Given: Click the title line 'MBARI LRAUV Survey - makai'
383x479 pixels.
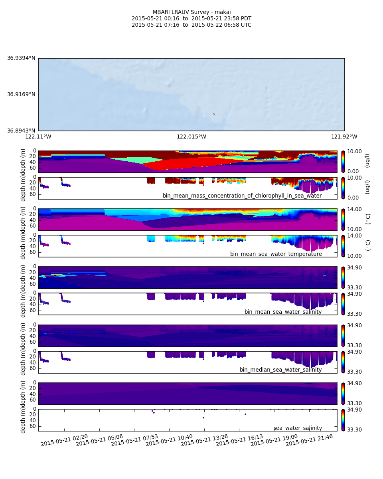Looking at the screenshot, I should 191,12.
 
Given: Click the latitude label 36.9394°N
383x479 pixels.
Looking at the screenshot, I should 21,58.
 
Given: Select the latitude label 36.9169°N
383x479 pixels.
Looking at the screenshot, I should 21,95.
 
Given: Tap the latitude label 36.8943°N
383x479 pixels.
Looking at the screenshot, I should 21,131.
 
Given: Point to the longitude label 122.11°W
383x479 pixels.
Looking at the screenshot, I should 38,137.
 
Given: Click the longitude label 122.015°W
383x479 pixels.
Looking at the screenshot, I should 191,137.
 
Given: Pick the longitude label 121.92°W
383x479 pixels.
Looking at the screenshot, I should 344,137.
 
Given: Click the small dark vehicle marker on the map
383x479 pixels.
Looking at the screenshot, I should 214,114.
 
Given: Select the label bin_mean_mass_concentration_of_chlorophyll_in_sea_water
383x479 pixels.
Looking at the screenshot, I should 242,196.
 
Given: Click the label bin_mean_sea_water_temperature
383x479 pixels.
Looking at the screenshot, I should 276,254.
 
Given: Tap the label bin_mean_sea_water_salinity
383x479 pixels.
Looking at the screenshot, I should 283,312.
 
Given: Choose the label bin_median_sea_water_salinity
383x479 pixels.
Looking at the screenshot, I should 280,370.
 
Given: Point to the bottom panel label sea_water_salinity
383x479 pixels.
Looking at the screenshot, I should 298,428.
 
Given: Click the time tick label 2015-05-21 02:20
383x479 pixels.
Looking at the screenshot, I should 64,440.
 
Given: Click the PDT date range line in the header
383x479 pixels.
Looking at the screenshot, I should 191,19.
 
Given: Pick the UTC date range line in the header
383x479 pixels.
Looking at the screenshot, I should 191,25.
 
